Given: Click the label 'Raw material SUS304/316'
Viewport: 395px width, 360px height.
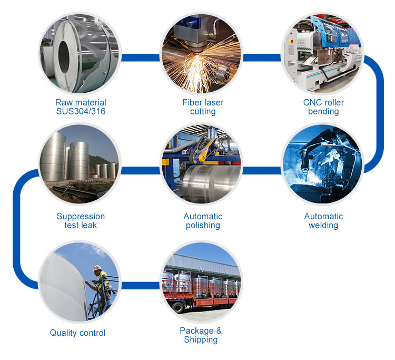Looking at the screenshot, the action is (81, 107).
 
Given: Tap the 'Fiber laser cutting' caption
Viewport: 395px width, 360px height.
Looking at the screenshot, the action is (203, 107).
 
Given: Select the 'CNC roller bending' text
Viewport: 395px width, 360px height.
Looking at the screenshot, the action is (323, 107).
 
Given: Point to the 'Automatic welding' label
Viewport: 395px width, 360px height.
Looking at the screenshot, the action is (323, 221).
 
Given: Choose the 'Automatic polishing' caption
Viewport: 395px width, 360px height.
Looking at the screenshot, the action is (203, 221).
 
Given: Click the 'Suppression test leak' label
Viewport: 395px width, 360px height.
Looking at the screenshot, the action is (81, 221).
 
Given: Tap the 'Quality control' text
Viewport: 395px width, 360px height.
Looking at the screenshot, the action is (77, 333).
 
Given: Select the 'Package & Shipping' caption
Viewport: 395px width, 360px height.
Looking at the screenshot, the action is (201, 335).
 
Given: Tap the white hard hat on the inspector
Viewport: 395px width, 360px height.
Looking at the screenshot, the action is (97, 268).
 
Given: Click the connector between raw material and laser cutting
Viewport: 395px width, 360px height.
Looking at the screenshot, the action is (140, 57).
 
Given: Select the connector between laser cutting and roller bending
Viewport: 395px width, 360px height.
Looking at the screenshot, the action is (261, 57).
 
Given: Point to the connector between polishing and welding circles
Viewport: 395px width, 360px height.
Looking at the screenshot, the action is (261, 170).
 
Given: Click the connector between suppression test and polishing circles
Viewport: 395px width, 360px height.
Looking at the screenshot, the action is (140, 170).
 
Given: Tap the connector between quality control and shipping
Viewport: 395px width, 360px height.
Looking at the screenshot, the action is (140, 285).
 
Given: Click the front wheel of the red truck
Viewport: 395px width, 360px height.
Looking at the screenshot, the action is (179, 307).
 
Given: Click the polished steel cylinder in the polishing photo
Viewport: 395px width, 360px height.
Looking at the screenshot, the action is (212, 184).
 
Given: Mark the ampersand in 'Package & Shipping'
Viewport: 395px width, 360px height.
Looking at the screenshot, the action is (219, 331).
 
